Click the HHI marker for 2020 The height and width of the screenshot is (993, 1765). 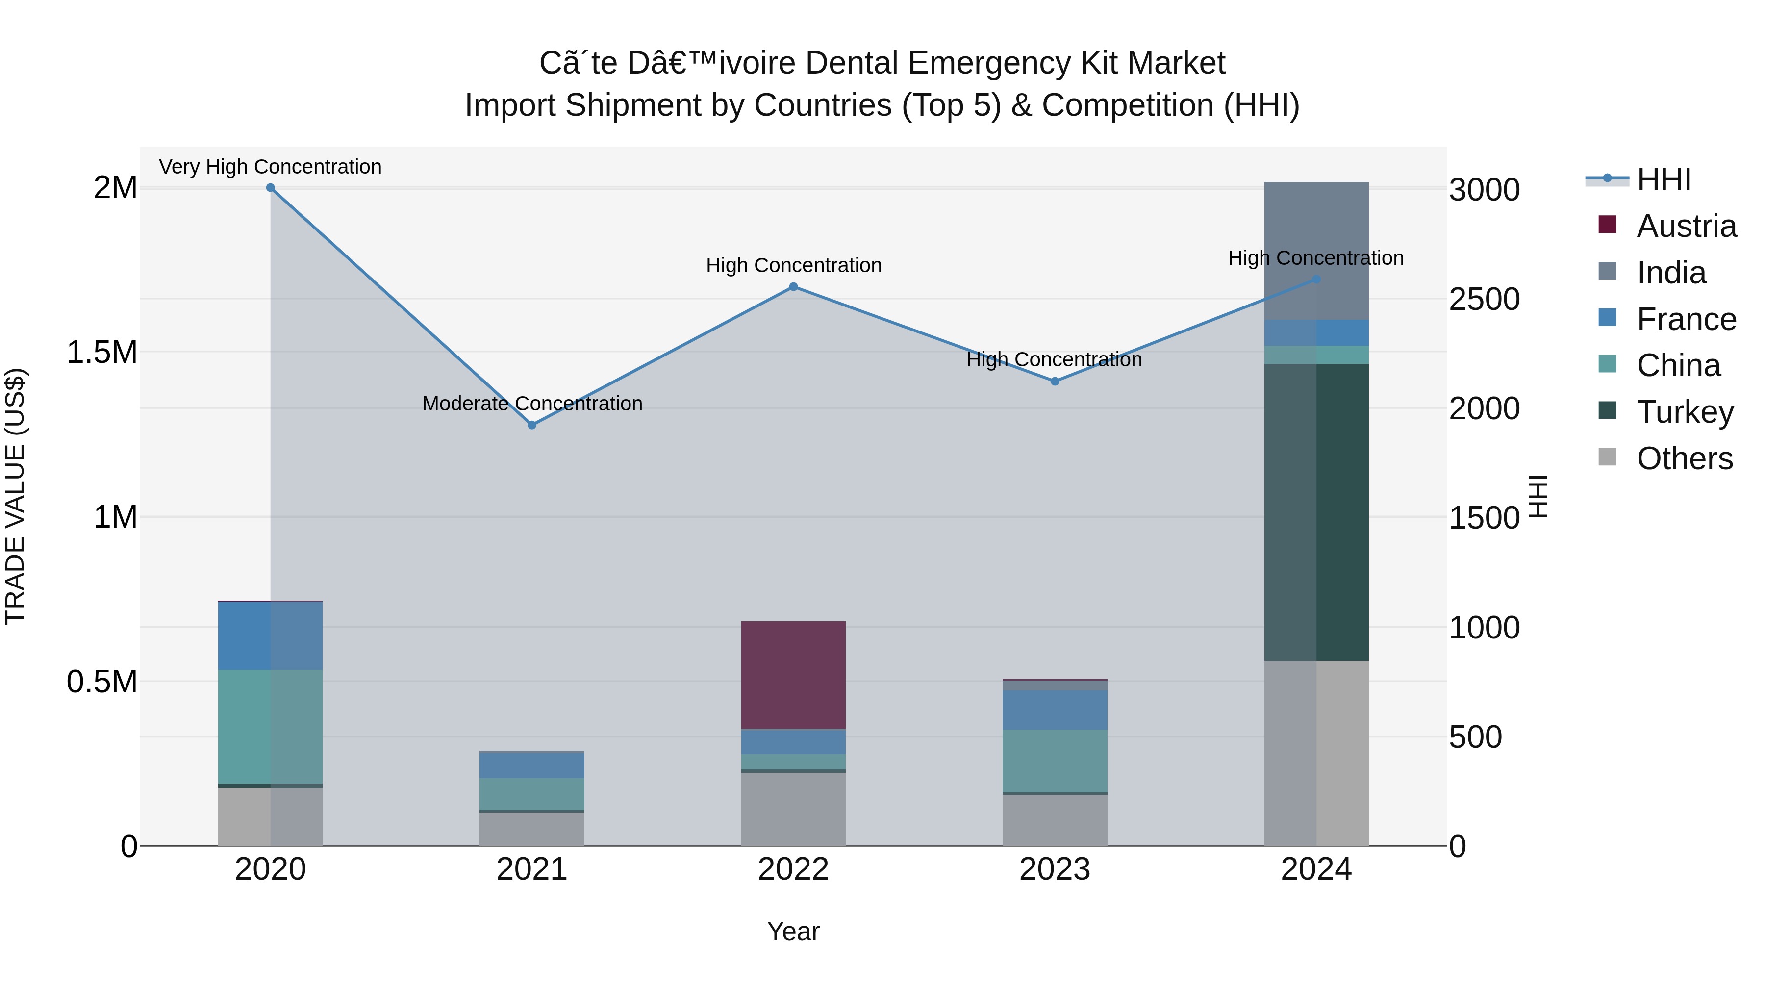click(270, 188)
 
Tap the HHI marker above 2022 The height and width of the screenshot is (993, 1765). click(793, 286)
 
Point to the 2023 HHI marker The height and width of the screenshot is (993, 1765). click(1055, 381)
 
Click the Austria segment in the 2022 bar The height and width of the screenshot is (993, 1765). click(793, 675)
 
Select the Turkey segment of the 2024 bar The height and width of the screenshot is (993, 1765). click(1316, 512)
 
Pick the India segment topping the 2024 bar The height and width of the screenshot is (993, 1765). click(1316, 233)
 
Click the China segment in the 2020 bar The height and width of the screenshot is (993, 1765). click(270, 726)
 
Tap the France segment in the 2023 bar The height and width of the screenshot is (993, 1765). click(1055, 710)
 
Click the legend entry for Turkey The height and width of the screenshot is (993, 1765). click(1685, 412)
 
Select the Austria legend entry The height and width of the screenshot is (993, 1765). click(1686, 226)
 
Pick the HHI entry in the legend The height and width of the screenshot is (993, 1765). click(1664, 179)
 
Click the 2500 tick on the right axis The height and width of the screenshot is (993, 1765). click(1484, 300)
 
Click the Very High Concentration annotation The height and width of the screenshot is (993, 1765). click(270, 167)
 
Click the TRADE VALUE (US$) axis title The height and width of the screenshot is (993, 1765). click(15, 496)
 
